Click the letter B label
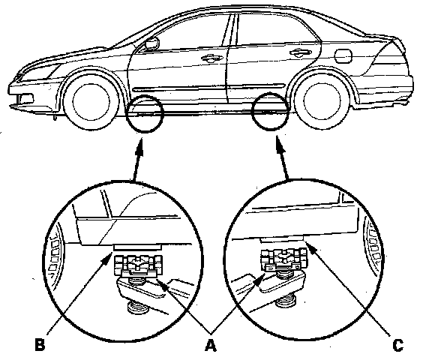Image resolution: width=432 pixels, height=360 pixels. [x=40, y=345]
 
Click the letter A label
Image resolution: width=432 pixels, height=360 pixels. [x=211, y=345]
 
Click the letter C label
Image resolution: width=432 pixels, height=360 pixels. [x=397, y=346]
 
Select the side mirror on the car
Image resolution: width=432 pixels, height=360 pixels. [x=151, y=44]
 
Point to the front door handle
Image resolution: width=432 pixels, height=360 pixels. [x=211, y=58]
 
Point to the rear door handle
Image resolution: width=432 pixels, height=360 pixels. [x=300, y=52]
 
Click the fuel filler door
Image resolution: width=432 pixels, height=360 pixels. [x=343, y=56]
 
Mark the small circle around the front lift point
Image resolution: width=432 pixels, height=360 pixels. [x=126, y=113]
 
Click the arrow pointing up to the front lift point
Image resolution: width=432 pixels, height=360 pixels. [x=137, y=160]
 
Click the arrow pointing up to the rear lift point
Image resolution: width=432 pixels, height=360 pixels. [x=283, y=157]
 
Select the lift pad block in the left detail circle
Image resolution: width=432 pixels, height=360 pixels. [x=138, y=265]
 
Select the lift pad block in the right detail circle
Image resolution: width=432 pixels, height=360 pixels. [x=283, y=259]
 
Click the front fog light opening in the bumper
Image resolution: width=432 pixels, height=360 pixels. [x=25, y=97]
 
